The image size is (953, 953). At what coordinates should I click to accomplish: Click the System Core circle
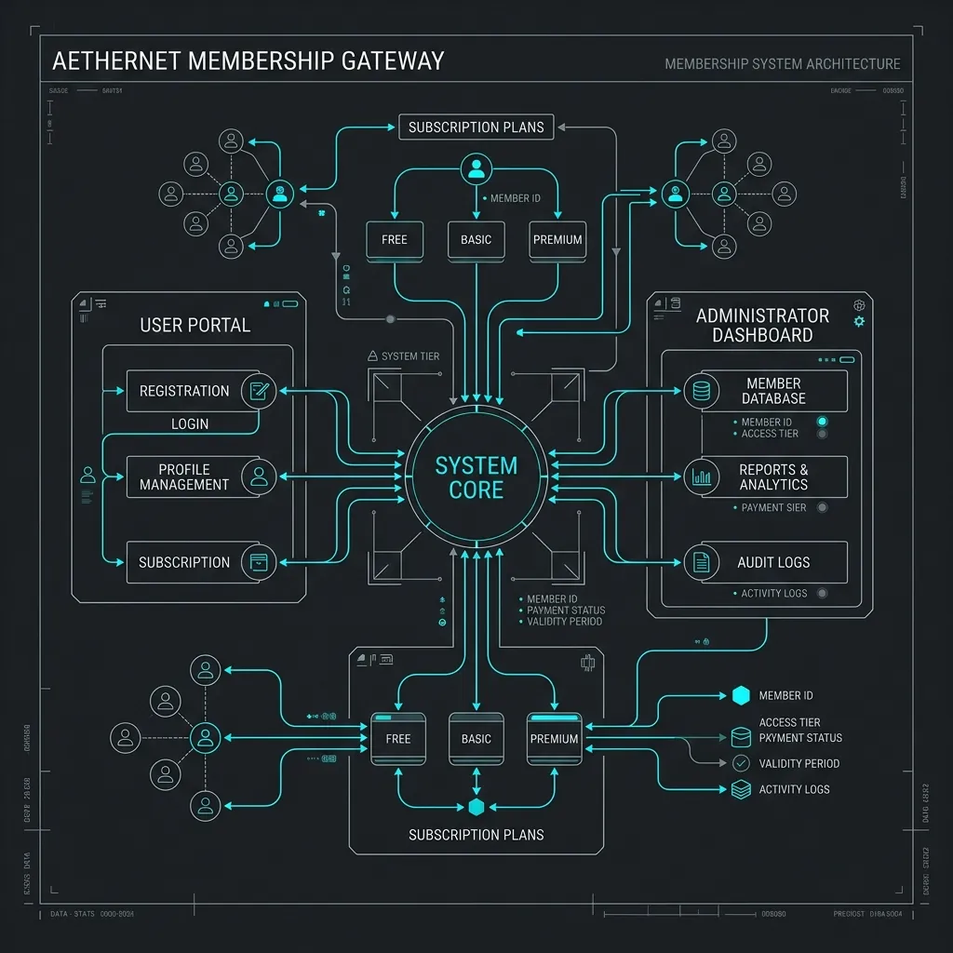tap(476, 477)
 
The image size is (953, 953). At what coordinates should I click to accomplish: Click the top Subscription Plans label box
tap(476, 128)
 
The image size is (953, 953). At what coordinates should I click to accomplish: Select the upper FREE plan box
tap(395, 239)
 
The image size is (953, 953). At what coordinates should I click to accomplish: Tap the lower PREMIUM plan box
tap(554, 739)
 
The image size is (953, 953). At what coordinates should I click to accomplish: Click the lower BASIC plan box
tap(476, 739)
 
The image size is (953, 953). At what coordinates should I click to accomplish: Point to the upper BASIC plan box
tap(476, 239)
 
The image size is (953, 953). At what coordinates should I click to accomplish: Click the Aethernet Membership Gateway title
tap(248, 61)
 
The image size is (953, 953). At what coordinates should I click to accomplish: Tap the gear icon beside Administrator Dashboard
tap(859, 321)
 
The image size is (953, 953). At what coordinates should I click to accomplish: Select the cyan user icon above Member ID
tap(476, 169)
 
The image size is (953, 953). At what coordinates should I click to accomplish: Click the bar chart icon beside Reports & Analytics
tap(702, 477)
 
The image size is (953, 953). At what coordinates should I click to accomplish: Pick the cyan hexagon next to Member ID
tap(741, 695)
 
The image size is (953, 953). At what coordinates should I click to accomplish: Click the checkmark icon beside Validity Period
tap(741, 763)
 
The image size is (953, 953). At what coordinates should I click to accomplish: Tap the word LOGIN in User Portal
tap(190, 423)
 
